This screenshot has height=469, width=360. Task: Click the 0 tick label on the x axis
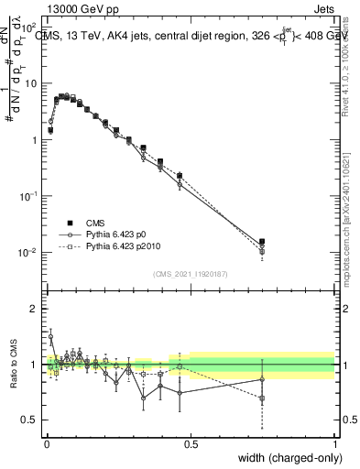click(x=46, y=442)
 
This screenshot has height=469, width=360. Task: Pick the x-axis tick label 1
click(x=335, y=442)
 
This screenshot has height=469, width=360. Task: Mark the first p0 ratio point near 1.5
click(x=50, y=336)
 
